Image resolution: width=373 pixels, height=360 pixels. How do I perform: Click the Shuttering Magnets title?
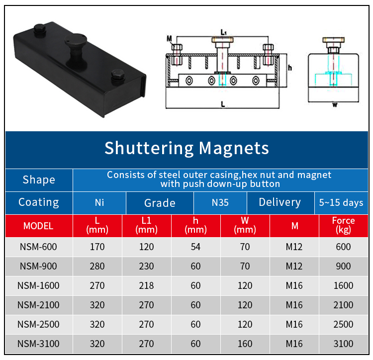tap(186, 148)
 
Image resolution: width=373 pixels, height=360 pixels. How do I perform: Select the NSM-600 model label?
tap(38, 247)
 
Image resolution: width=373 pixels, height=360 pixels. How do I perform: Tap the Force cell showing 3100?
tap(343, 344)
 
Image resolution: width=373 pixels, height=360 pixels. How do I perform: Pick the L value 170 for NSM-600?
tap(97, 247)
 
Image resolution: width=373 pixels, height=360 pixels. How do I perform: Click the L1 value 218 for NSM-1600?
tap(146, 285)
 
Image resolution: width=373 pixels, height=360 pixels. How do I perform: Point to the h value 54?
tap(195, 247)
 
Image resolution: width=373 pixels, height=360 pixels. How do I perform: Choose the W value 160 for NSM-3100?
tap(245, 344)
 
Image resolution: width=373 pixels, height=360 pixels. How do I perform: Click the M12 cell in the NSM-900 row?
tap(294, 266)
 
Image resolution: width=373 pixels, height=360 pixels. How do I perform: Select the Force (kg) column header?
tap(343, 225)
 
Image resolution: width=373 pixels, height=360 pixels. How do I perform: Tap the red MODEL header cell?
tap(38, 226)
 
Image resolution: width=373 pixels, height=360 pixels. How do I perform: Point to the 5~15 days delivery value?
tap(341, 203)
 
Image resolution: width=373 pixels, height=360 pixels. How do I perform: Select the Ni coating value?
tap(99, 203)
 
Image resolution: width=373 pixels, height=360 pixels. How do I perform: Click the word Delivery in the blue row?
tap(280, 202)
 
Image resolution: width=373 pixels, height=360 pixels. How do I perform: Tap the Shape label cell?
tap(39, 180)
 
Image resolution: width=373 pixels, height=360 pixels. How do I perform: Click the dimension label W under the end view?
tap(334, 105)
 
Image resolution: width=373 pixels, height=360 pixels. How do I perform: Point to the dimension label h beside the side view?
tap(290, 68)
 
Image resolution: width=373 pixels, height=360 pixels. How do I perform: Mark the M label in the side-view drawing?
tap(169, 38)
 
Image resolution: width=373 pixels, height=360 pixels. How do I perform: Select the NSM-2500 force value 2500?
tap(343, 324)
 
